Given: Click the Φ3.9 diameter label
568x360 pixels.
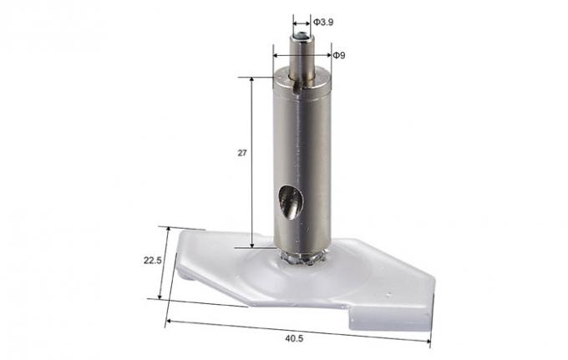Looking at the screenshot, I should pyautogui.click(x=323, y=20).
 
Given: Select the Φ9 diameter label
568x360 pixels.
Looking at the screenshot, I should pyautogui.click(x=339, y=55).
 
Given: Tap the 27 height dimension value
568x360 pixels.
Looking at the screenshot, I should pyautogui.click(x=242, y=154).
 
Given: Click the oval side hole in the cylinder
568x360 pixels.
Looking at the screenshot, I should pyautogui.click(x=290, y=203).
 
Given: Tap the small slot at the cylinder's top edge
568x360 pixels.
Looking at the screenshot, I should pyautogui.click(x=297, y=82).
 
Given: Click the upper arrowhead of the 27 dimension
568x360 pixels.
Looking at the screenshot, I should pyautogui.click(x=252, y=80).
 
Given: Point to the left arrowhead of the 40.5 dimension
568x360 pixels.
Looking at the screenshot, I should pyautogui.click(x=168, y=321).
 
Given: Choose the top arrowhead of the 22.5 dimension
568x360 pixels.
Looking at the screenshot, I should pyautogui.click(x=170, y=229).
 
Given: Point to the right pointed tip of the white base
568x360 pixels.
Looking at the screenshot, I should pyautogui.click(x=434, y=282).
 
